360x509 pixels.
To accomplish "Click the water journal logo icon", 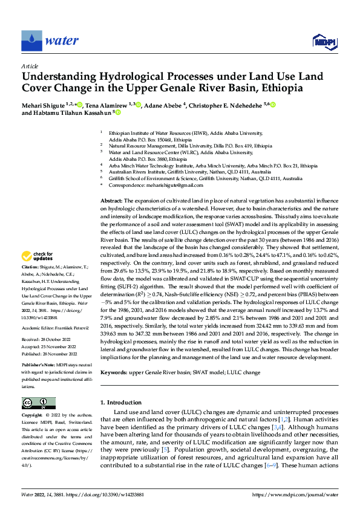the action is [31, 41].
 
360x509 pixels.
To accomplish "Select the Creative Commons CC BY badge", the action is [38, 403].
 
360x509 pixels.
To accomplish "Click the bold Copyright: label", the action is [33, 416].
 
